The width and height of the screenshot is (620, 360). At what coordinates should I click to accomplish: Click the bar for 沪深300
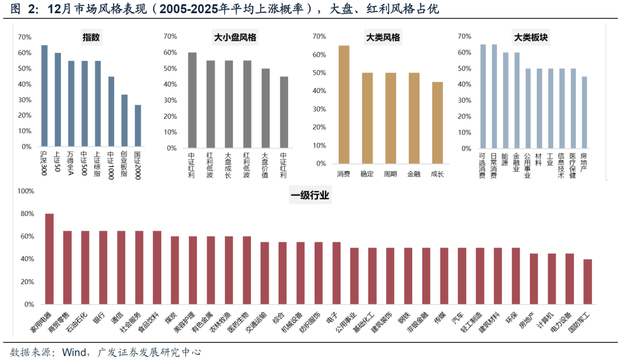[x=44, y=96]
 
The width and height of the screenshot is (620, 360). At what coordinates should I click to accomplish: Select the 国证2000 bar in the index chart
[x=138, y=126]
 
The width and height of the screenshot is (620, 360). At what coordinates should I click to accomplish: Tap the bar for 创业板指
[x=124, y=121]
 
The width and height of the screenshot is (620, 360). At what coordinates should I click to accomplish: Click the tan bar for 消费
[x=344, y=104]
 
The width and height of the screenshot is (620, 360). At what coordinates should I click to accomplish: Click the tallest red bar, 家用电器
[x=49, y=259]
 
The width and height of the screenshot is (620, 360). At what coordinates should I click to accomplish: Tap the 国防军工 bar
[x=587, y=281]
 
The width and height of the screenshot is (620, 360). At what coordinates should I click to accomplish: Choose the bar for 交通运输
[x=265, y=273]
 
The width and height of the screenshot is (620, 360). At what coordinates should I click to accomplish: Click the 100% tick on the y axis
[x=27, y=191]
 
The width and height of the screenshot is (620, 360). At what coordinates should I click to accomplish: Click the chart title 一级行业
[x=310, y=196]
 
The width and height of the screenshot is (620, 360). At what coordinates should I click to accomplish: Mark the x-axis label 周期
[x=390, y=173]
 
